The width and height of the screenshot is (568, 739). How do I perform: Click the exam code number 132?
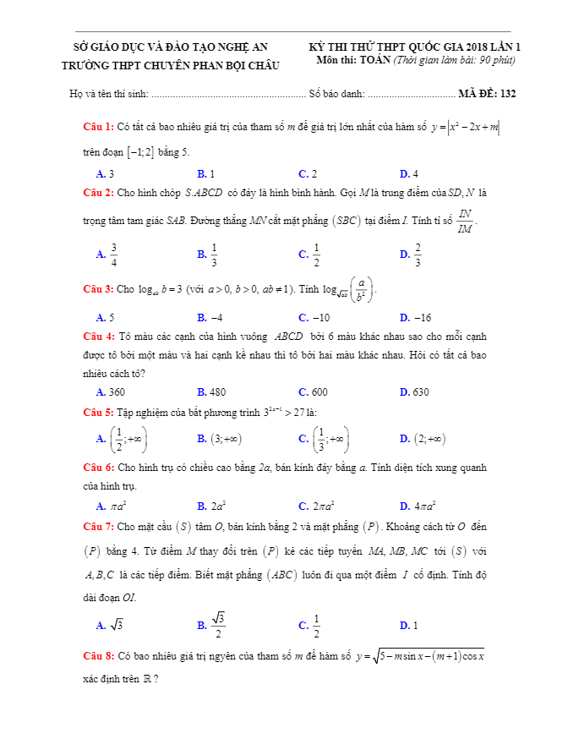tap(508, 94)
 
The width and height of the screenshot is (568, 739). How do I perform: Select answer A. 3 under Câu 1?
tap(106, 174)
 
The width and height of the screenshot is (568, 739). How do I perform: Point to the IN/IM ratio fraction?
tap(466, 222)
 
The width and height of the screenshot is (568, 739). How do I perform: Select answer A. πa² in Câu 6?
tap(111, 506)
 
